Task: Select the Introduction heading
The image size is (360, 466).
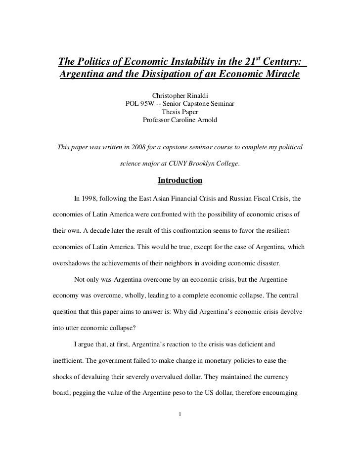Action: [x=180, y=181]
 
